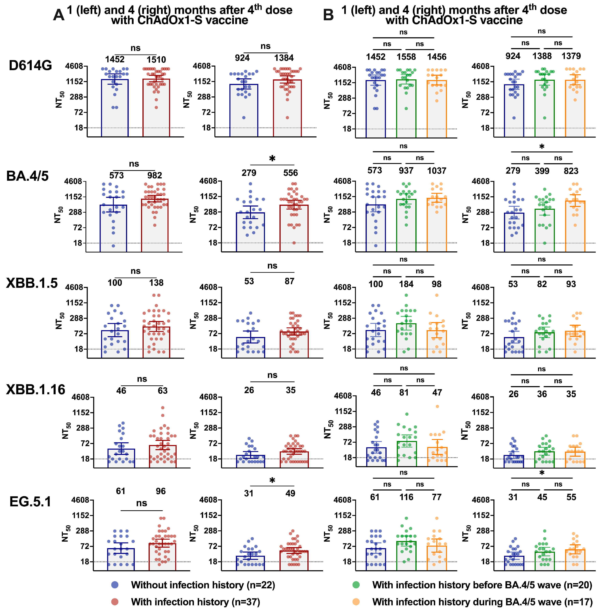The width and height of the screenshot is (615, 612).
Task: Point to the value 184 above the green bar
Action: click(x=406, y=284)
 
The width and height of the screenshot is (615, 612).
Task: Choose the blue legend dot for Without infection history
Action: click(x=115, y=585)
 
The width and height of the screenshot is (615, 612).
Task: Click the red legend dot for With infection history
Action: click(x=115, y=602)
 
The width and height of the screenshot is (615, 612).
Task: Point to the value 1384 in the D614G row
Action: click(x=284, y=58)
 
